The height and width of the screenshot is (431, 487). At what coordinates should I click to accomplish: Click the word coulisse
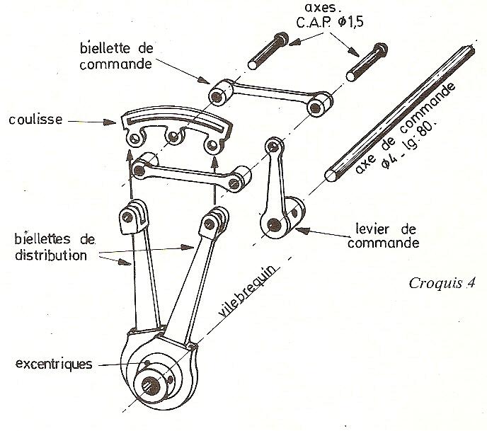35,119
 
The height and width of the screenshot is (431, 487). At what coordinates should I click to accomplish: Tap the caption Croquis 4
442,283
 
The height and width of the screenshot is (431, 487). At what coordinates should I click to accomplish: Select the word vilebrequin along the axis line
247,291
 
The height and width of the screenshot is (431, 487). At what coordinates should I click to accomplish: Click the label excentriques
54,364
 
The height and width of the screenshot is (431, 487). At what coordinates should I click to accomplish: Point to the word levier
372,229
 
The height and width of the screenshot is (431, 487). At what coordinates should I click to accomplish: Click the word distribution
51,255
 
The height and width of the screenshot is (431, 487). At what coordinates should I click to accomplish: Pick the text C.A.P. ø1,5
330,23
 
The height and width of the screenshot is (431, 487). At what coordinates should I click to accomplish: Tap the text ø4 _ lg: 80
408,144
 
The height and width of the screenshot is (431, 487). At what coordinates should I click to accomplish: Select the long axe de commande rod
400,113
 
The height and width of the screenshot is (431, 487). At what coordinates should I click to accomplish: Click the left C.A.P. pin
268,51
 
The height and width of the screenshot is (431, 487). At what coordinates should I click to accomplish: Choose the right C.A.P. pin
367,62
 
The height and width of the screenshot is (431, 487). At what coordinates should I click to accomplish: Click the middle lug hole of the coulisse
173,136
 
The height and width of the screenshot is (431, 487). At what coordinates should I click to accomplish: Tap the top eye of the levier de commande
274,145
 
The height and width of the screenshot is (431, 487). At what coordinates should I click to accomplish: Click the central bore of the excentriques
151,386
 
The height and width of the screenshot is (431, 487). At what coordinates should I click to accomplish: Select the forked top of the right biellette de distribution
214,222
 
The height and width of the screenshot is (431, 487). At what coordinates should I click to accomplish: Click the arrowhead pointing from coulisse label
110,122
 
